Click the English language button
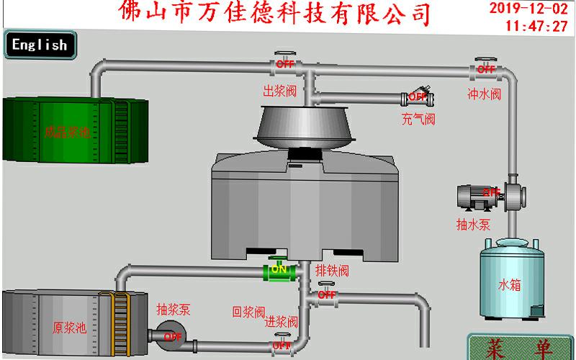(39, 45)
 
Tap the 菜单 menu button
(520, 347)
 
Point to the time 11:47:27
(536, 27)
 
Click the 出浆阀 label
(279, 91)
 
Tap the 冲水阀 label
(484, 94)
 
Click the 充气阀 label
(418, 119)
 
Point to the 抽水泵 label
(473, 224)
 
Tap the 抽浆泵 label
(173, 310)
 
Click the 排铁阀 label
(332, 271)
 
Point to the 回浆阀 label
(248, 312)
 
